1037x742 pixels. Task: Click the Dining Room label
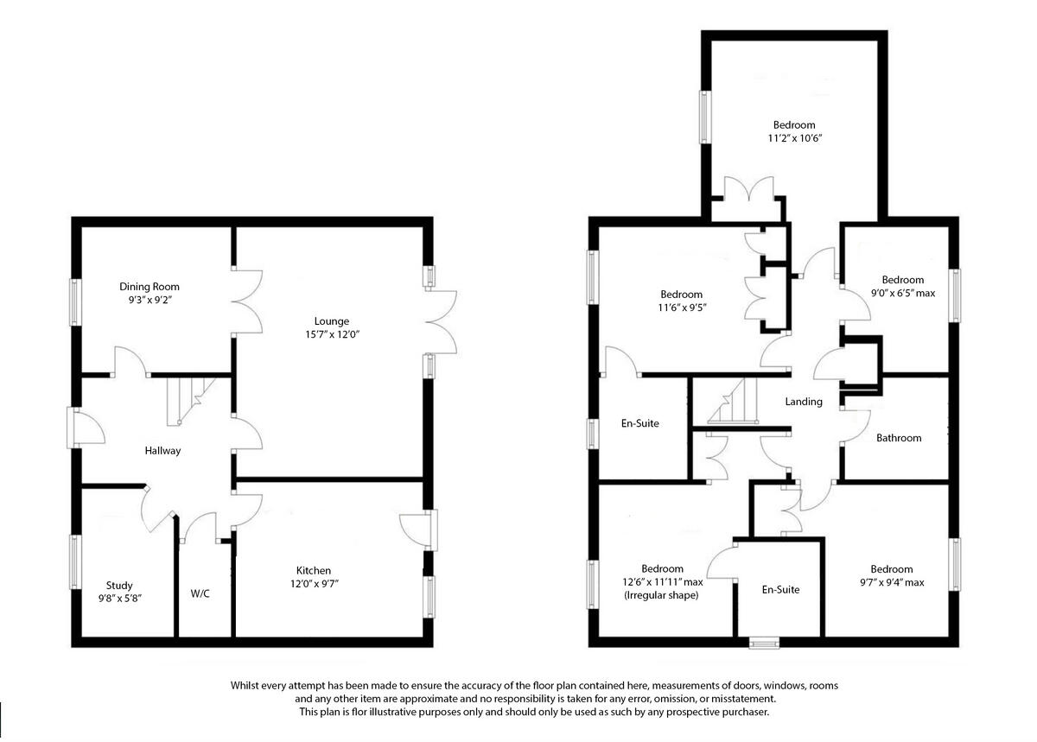point(150,287)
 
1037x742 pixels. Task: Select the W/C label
point(200,594)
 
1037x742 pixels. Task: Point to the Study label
point(119,586)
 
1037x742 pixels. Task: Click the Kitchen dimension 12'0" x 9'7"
point(313,584)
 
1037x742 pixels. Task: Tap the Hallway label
point(162,450)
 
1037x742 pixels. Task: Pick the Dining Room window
point(75,301)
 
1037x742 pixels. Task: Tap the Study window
point(75,561)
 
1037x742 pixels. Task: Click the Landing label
point(803,402)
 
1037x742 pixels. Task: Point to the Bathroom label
point(899,438)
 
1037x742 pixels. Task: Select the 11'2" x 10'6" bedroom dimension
point(793,138)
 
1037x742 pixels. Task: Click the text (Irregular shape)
point(662,596)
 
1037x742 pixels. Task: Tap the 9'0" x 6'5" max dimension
point(903,293)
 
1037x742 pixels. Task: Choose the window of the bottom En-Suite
point(763,642)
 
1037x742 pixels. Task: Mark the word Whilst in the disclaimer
point(246,685)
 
